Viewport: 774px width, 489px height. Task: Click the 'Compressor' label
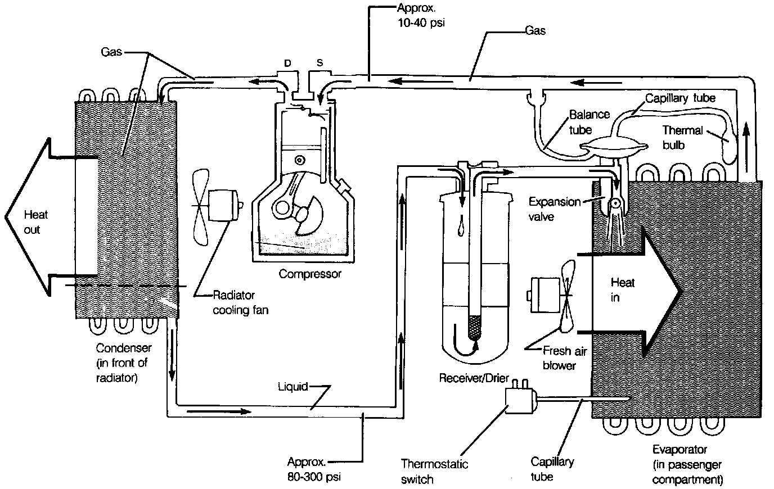310,274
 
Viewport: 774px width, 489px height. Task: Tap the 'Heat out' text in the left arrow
35,222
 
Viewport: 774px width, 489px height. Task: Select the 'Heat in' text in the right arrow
622,289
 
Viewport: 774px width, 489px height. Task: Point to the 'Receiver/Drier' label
474,378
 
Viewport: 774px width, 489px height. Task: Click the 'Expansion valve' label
554,209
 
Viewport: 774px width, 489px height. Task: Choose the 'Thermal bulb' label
682,137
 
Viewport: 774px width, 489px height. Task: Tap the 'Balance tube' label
589,122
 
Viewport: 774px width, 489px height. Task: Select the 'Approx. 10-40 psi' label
417,16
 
